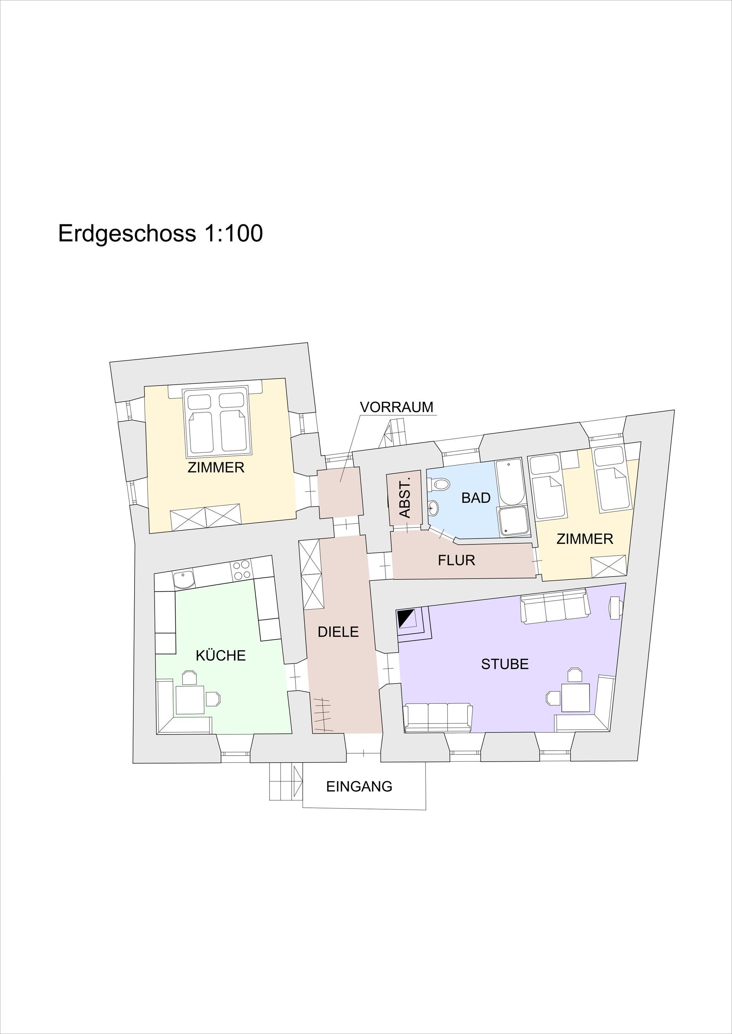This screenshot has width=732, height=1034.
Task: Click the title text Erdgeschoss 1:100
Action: click(x=161, y=234)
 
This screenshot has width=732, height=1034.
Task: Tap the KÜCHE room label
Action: click(x=221, y=655)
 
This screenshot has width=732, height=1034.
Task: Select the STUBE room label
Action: click(x=505, y=664)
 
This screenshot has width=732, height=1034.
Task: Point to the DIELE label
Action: click(x=338, y=632)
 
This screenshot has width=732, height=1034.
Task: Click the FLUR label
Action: click(x=457, y=560)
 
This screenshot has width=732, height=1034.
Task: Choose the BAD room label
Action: click(x=476, y=498)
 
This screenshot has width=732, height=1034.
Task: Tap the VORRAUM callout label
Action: click(x=396, y=407)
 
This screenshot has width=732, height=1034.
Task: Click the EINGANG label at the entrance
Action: click(x=359, y=786)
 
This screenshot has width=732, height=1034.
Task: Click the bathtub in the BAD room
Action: click(x=510, y=482)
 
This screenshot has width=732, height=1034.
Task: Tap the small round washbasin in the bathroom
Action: click(x=433, y=508)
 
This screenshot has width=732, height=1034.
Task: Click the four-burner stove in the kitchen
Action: click(x=242, y=570)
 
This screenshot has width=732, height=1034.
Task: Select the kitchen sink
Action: click(x=184, y=580)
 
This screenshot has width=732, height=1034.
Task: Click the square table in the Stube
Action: click(x=576, y=698)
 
